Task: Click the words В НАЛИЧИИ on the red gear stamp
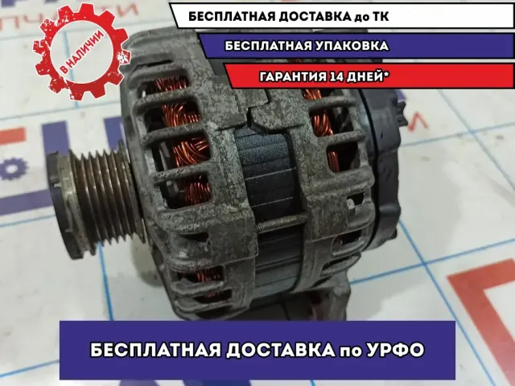pyautogui.click(x=82, y=51)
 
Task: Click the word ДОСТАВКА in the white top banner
pyautogui.click(x=315, y=16)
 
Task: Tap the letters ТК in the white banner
pyautogui.click(x=380, y=16)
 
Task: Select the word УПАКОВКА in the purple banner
pyautogui.click(x=351, y=46)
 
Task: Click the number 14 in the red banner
pyautogui.click(x=335, y=77)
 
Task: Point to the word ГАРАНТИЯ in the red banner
pyautogui.click(x=293, y=77)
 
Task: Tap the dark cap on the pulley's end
pyautogui.click(x=63, y=203)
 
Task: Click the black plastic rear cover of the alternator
pyautogui.click(x=381, y=164)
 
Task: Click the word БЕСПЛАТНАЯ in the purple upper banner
pyautogui.click(x=268, y=46)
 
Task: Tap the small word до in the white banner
pyautogui.click(x=361, y=17)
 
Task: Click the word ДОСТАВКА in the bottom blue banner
pyautogui.click(x=280, y=351)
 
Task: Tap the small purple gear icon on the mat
pyautogui.click(x=13, y=168)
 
